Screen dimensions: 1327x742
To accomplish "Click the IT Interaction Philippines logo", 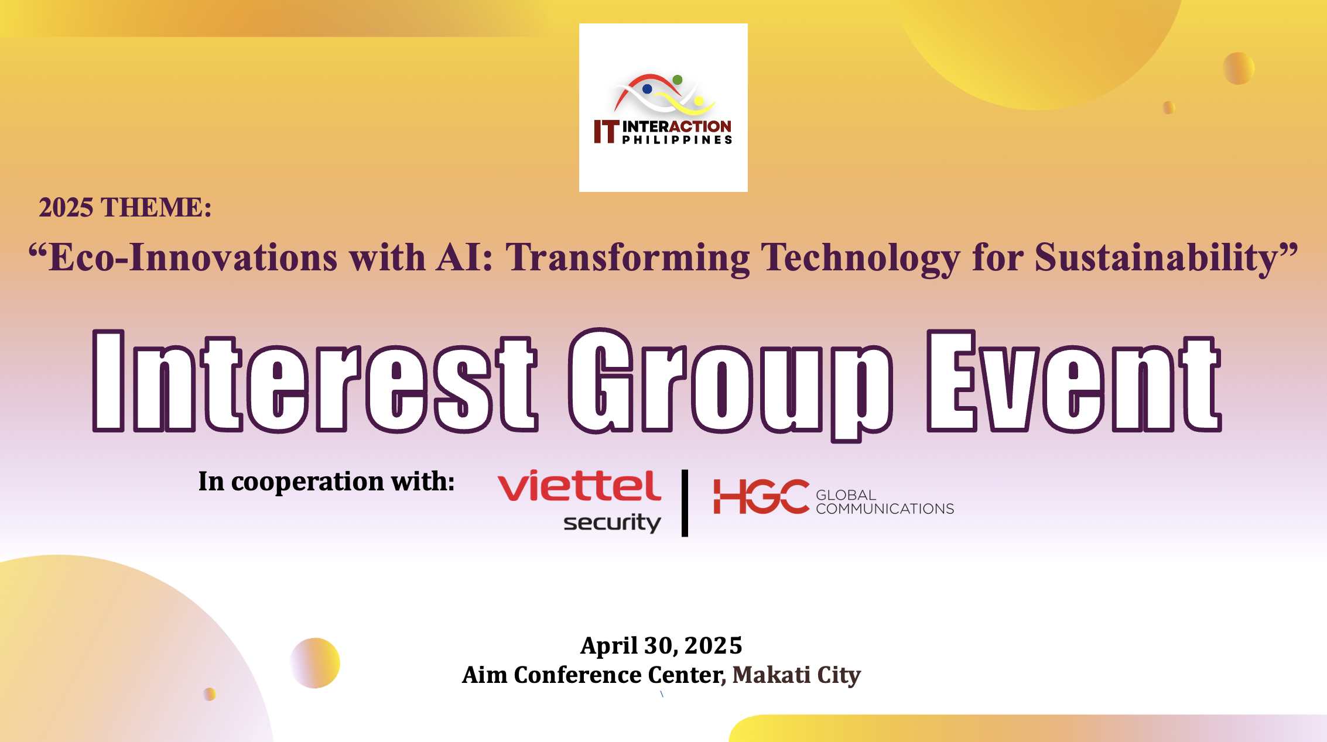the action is (x=663, y=108).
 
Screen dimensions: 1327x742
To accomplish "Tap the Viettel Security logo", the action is (x=580, y=501).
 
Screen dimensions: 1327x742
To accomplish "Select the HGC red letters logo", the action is (x=761, y=497).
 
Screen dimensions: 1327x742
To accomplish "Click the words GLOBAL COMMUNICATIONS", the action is (x=885, y=502).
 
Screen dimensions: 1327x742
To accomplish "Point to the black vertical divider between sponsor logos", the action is (x=685, y=503).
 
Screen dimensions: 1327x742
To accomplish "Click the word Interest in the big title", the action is (x=315, y=381).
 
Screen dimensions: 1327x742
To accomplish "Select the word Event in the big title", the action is (x=1074, y=381).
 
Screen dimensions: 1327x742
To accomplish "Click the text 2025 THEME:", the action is (x=125, y=207).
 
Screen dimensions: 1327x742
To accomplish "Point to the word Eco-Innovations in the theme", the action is (x=183, y=257).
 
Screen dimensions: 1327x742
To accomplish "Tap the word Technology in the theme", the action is (x=860, y=258).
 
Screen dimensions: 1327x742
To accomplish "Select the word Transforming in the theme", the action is (x=628, y=258).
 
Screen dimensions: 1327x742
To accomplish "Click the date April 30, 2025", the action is (x=661, y=645).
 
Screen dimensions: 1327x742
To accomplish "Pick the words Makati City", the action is (x=796, y=675).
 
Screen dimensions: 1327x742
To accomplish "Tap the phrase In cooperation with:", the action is (x=326, y=481).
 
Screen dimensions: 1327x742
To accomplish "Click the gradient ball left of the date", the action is (x=315, y=662).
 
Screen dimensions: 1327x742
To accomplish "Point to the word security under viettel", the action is (x=612, y=523).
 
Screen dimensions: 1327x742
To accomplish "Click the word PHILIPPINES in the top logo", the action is (x=677, y=140).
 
